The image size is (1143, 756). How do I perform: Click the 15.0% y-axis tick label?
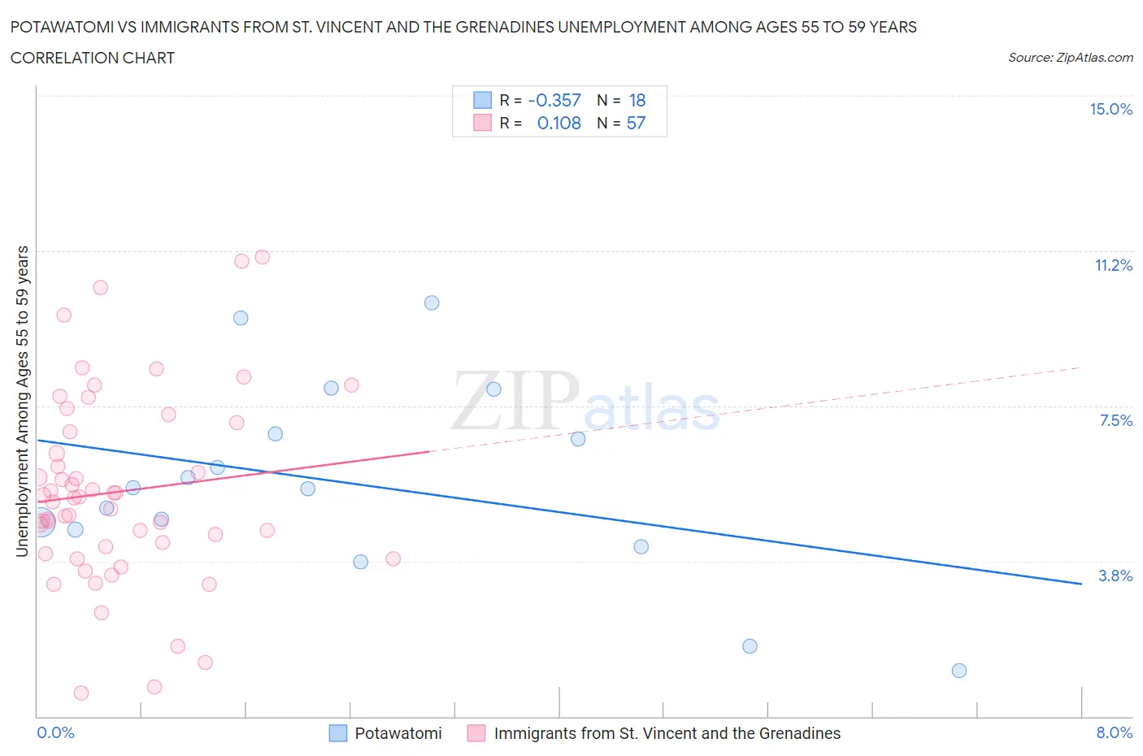point(1110,110)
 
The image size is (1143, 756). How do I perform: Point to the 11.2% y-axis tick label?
point(1113,266)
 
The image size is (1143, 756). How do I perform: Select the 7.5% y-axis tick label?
point(1115,421)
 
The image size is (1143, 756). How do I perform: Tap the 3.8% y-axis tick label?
point(1115,576)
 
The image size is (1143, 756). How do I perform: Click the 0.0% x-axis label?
point(55,733)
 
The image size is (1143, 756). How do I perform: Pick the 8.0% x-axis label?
point(1114,733)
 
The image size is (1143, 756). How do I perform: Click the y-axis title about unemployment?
point(23,401)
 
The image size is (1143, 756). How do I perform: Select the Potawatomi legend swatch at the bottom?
point(338,733)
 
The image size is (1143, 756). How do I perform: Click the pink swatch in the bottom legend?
point(476,733)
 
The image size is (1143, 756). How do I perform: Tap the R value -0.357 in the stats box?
point(554,101)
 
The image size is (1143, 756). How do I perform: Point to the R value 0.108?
point(559,124)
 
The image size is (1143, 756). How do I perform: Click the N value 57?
point(636,124)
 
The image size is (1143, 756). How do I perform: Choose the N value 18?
point(637,101)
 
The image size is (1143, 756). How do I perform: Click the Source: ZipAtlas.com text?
point(1070,58)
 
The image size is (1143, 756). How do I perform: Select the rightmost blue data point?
point(959,671)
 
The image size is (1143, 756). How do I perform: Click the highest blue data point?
point(432,302)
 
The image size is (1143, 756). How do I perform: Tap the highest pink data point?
point(262,257)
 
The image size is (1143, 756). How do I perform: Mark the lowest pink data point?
point(81,693)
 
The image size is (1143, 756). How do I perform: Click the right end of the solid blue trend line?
point(1081,584)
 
